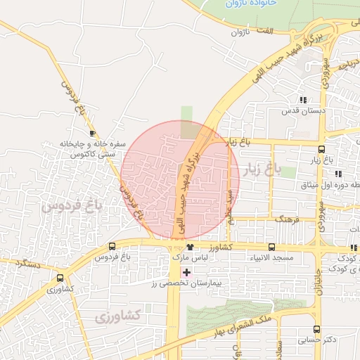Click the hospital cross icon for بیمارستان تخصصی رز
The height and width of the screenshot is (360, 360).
pyautogui.click(x=186, y=271)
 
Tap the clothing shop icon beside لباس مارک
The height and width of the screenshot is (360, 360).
pyautogui.click(x=190, y=247)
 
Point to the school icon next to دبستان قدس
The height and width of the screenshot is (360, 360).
pyautogui.click(x=303, y=101)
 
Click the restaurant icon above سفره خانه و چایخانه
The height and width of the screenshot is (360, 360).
pyautogui.click(x=91, y=133)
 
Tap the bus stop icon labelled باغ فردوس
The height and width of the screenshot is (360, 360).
pyautogui.click(x=112, y=246)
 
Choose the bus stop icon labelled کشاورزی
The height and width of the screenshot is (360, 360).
pyautogui.click(x=59, y=278)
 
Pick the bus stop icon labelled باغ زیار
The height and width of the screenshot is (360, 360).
pyautogui.click(x=321, y=149)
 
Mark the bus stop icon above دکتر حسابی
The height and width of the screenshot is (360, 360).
pyautogui.click(x=316, y=328)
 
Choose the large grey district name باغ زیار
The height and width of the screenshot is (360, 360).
pyautogui.click(x=262, y=169)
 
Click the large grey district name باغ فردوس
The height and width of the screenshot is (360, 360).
pyautogui.click(x=72, y=206)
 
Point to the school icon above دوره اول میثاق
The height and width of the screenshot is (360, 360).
pyautogui.click(x=338, y=174)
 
